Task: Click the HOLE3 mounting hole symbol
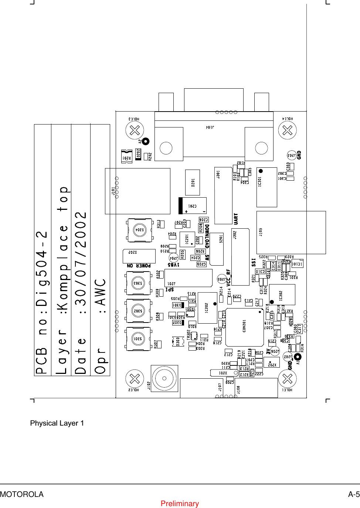click(x=135, y=130)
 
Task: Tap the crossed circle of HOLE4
click(x=287, y=130)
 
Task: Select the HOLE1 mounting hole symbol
click(x=287, y=379)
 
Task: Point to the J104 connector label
click(x=210, y=127)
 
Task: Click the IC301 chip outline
click(x=266, y=187)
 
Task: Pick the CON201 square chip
click(x=244, y=327)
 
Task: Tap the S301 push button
click(x=138, y=339)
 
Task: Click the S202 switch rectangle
click(x=139, y=256)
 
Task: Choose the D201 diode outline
click(x=193, y=182)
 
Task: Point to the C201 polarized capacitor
click(x=192, y=206)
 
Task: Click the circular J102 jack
click(x=164, y=378)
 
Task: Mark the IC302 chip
click(x=282, y=294)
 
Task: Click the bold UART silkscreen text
click(x=236, y=218)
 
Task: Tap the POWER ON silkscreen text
click(x=139, y=266)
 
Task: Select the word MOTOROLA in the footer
click(x=22, y=494)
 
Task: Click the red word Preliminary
click(x=180, y=504)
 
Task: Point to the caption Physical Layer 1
click(x=57, y=423)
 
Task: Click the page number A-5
click(x=354, y=494)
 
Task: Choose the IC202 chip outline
click(x=207, y=308)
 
